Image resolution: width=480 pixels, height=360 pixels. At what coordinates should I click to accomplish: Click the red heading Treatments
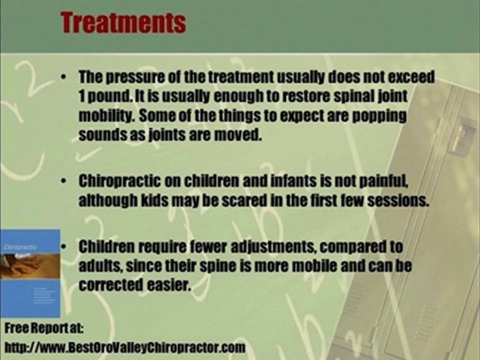123,22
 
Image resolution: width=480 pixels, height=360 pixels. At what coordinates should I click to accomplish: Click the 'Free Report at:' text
44,329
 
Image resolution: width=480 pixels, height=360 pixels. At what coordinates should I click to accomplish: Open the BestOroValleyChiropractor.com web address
125,347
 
